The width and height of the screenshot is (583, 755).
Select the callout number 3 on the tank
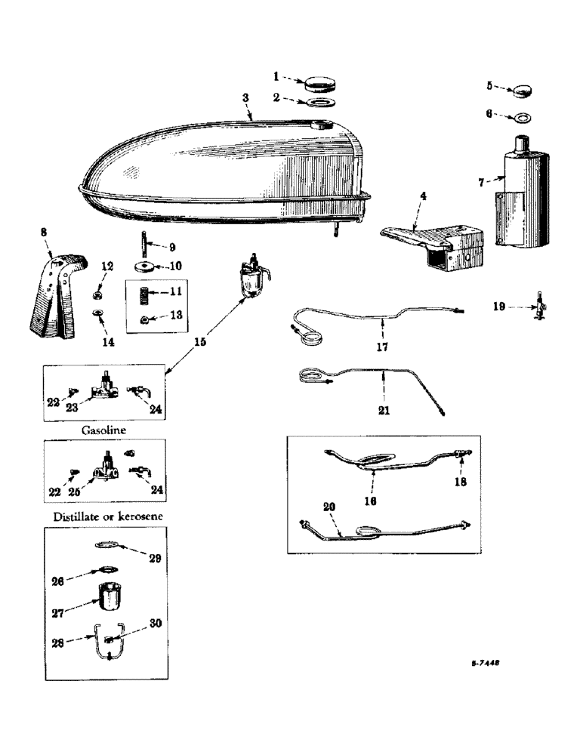pos(245,99)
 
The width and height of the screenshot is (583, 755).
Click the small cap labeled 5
pos(520,91)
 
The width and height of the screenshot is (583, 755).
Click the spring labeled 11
pos(144,292)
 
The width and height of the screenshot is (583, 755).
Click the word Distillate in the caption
pos(78,516)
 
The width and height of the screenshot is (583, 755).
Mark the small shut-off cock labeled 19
pos(539,307)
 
